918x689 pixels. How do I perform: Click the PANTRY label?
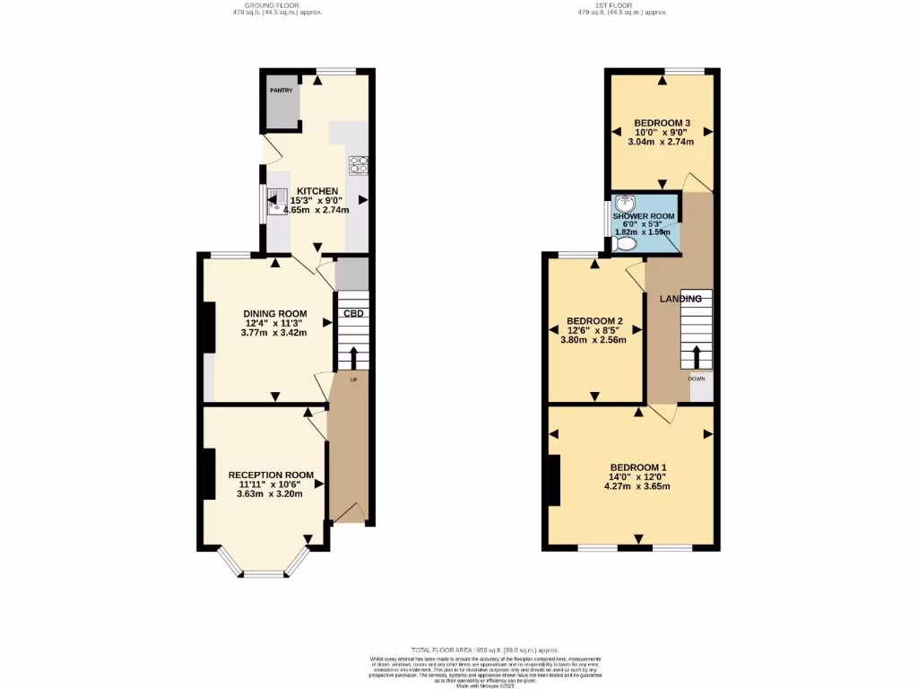pos(282,91)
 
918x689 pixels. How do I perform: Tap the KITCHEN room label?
pos(317,191)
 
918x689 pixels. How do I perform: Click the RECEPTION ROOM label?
pos(271,475)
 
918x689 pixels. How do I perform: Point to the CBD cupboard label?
pos(353,313)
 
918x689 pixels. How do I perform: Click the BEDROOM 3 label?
pos(662,123)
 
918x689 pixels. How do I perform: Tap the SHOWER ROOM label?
pos(644,216)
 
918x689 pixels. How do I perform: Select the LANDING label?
pos(680,298)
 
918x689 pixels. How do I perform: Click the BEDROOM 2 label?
pos(594,321)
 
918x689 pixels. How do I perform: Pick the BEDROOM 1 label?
pos(638,467)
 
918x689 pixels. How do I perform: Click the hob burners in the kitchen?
pos(359,164)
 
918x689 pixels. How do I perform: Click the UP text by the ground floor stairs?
pos(353,380)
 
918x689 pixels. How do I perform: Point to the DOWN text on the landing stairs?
pos(697,379)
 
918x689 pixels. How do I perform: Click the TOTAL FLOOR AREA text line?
pos(484,650)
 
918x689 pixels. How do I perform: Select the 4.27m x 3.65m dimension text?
pos(637,486)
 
